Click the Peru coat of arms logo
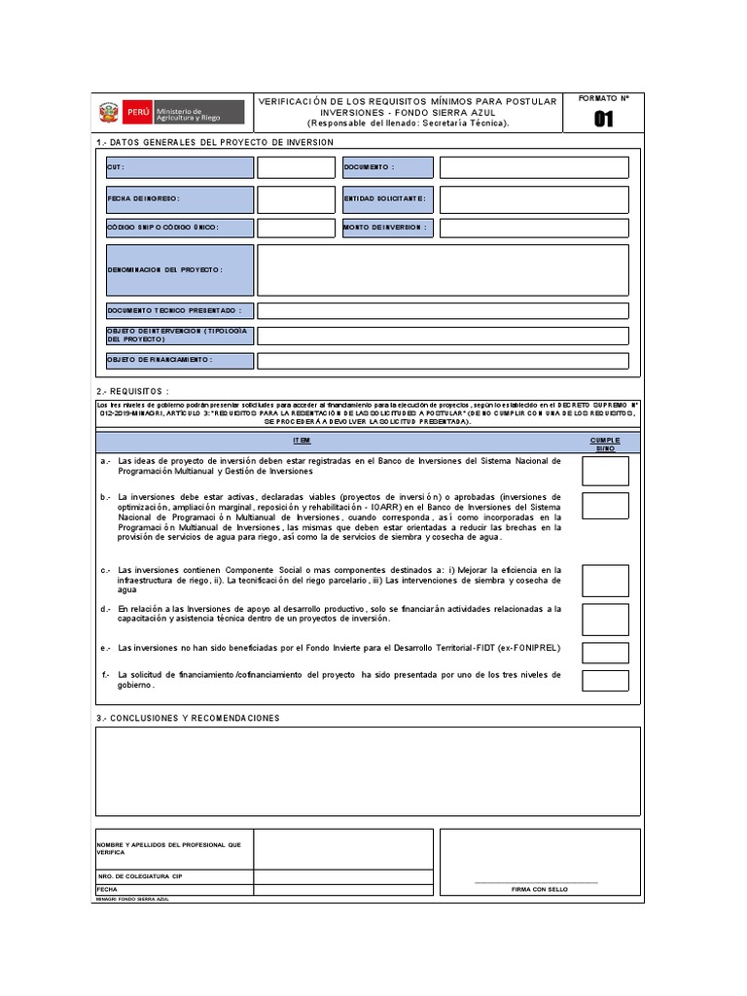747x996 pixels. [108, 113]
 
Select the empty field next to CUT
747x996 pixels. [296, 167]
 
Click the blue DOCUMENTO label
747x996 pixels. [386, 167]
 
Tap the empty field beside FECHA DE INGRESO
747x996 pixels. [296, 198]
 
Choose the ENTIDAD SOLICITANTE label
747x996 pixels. [386, 198]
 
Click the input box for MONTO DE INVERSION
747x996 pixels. [533, 228]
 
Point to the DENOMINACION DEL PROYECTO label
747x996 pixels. [179, 269]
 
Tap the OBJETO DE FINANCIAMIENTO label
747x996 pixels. [179, 361]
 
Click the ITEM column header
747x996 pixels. [302, 441]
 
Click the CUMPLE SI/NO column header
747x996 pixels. [605, 444]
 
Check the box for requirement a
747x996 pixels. [605, 471]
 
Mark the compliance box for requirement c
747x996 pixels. [605, 581]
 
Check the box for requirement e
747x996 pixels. [605, 651]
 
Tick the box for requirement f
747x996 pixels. [605, 680]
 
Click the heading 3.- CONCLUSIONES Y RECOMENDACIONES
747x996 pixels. [188, 718]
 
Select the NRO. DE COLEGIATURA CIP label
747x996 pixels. [140, 876]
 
